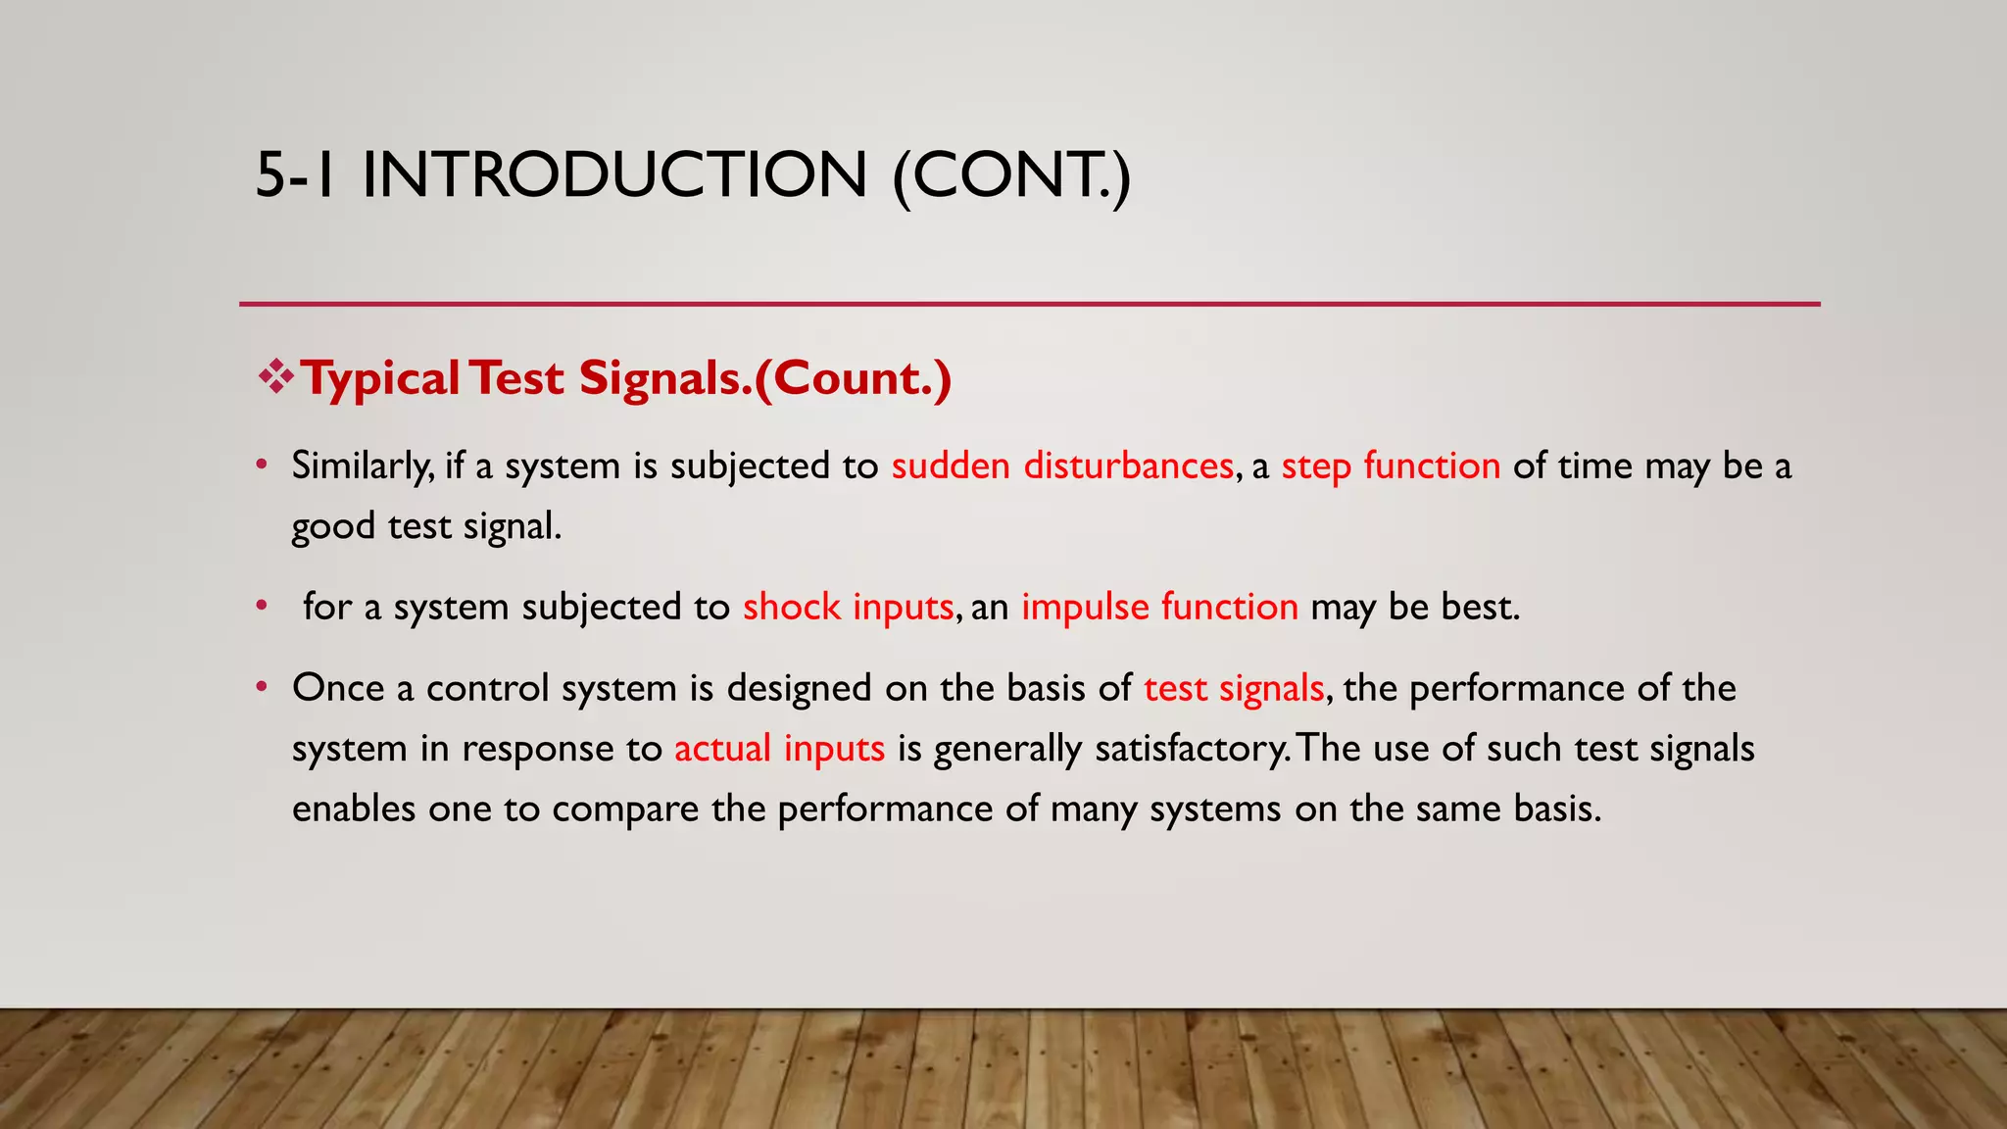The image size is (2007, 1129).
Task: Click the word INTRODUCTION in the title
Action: [614, 175]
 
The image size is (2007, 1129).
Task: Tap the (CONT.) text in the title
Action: [1011, 175]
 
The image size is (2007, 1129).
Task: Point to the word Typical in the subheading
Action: [380, 379]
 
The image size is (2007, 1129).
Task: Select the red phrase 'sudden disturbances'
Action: [1062, 466]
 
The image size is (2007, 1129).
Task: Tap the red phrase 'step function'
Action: [1391, 466]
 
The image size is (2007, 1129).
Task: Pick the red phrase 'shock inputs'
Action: [848, 608]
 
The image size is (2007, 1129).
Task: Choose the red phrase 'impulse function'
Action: [1159, 608]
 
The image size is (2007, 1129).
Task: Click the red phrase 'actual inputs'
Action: [779, 749]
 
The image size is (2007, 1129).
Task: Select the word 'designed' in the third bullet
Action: [799, 689]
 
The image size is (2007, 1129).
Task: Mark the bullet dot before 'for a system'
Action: [262, 606]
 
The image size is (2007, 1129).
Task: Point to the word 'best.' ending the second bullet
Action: [1480, 608]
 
